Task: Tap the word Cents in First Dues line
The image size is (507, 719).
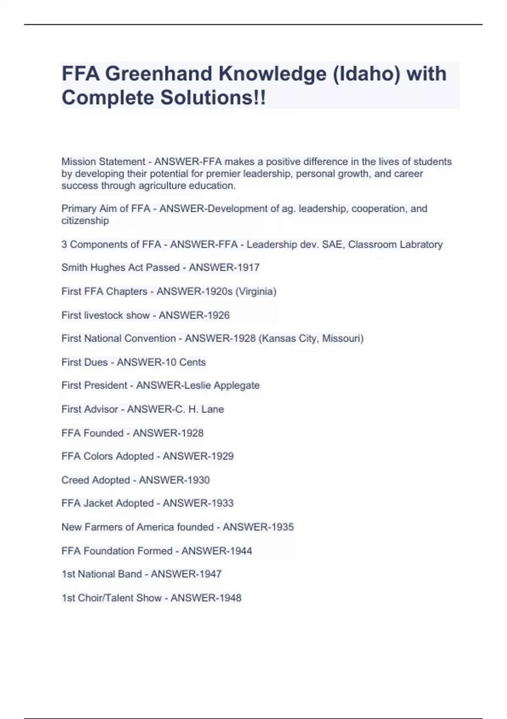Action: coord(192,362)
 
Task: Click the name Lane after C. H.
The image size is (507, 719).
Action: coord(213,409)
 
